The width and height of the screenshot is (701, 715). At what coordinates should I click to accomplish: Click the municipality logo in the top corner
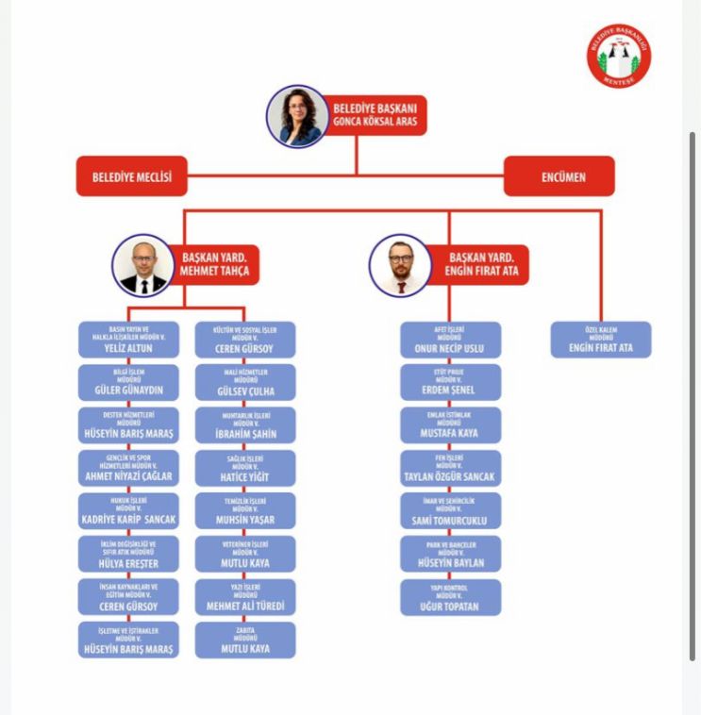[x=620, y=56]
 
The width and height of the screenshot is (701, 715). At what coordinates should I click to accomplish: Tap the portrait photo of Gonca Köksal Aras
[x=297, y=116]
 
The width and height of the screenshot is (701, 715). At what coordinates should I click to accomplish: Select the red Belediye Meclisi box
[x=131, y=176]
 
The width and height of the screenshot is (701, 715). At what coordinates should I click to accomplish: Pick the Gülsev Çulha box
[x=244, y=383]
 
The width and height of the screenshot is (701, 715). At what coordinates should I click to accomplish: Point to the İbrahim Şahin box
[x=244, y=426]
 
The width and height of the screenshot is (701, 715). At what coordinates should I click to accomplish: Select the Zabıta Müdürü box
[x=244, y=640]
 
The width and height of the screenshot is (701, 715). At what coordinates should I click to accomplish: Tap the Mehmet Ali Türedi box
[x=244, y=598]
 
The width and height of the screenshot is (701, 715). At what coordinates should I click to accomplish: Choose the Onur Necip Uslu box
[x=450, y=341]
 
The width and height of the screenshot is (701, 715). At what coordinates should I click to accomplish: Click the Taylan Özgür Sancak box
[x=450, y=470]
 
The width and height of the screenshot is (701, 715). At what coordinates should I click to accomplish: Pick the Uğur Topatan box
[x=450, y=598]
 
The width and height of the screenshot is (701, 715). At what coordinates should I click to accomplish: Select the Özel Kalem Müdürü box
[x=600, y=341]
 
